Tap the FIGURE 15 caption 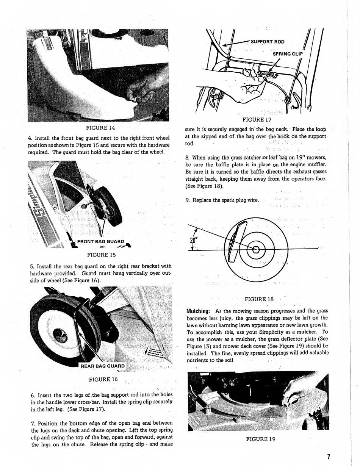tap(101, 255)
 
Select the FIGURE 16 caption tap(103, 379)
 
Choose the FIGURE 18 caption tap(259, 299)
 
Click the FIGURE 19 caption tap(261, 439)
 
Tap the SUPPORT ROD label tap(267, 42)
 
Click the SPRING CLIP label tap(288, 54)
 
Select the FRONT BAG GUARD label tap(100, 241)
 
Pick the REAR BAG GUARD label tap(102, 366)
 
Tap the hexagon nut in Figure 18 tap(256, 249)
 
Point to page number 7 tap(329, 456)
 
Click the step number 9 tap(187, 200)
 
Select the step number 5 tap(32, 266)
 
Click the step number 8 tap(187, 158)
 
